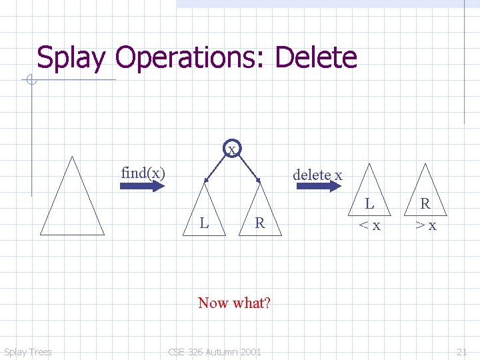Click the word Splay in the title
pyautogui.click(x=71, y=58)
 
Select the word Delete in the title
pyautogui.click(x=315, y=58)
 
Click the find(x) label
pyautogui.click(x=143, y=173)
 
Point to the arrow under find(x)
pyautogui.click(x=141, y=186)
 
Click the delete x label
pyautogui.click(x=317, y=175)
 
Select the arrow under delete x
pyautogui.click(x=317, y=186)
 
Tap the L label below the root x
pyautogui.click(x=205, y=223)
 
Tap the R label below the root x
pyautogui.click(x=260, y=223)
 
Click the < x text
pyautogui.click(x=369, y=225)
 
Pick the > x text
pyautogui.click(x=425, y=225)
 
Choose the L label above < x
pyautogui.click(x=369, y=203)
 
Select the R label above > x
pyautogui.click(x=425, y=203)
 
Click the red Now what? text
pyautogui.click(x=234, y=303)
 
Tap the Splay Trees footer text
pyautogui.click(x=27, y=352)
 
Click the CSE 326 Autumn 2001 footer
pyautogui.click(x=215, y=352)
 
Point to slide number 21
pyautogui.click(x=461, y=352)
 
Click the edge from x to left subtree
pyautogui.click(x=216, y=167)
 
